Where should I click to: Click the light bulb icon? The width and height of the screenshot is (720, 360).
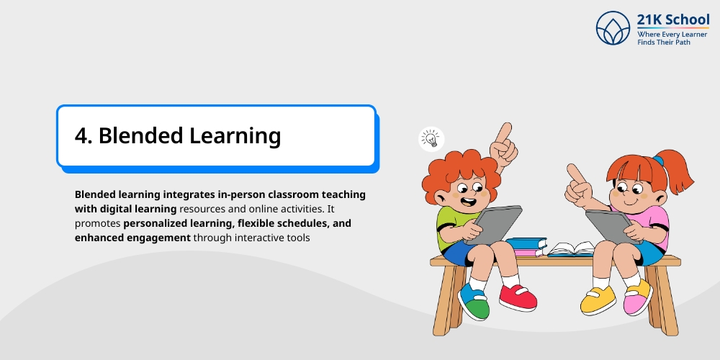click(x=431, y=138)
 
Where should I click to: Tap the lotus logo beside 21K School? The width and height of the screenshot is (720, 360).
click(x=613, y=28)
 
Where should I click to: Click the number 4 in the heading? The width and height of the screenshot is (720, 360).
click(x=81, y=135)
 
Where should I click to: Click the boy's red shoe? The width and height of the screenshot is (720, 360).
click(x=518, y=296)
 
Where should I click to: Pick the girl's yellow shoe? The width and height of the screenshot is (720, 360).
click(x=598, y=299)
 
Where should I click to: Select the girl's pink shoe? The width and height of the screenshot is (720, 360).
click(x=638, y=296)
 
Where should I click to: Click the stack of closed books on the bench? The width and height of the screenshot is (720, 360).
click(x=526, y=247)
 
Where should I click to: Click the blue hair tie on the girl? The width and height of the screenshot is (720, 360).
click(x=657, y=160)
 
